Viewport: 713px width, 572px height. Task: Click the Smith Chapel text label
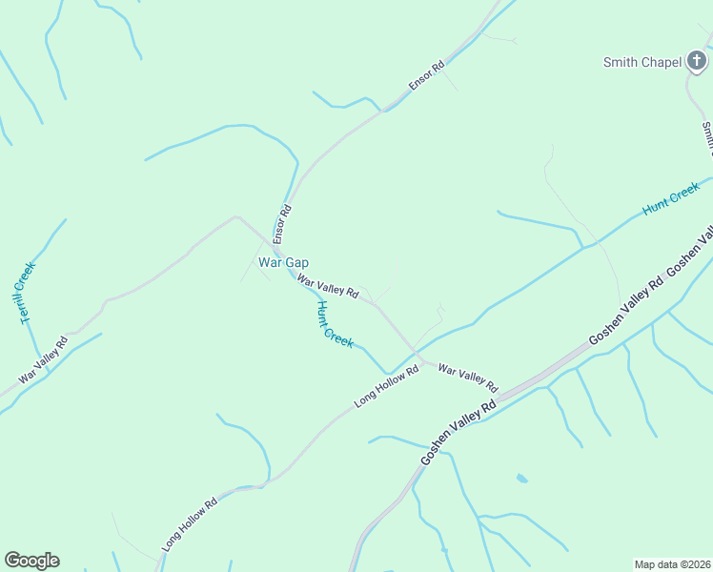tap(642, 63)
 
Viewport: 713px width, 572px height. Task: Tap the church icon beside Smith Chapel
tap(698, 62)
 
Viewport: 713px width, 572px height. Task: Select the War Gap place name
tap(283, 262)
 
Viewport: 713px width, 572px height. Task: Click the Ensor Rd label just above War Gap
tap(284, 222)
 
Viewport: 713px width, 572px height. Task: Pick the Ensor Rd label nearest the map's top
tap(426, 76)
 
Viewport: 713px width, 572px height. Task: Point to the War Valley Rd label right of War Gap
tap(327, 285)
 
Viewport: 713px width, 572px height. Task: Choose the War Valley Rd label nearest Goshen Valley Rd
tap(468, 378)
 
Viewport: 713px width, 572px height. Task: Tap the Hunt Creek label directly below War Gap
tap(334, 324)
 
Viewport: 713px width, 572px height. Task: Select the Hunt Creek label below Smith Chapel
tap(671, 201)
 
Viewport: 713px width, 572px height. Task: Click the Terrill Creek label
tap(27, 292)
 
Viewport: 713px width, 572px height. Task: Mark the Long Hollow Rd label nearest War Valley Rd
tap(386, 387)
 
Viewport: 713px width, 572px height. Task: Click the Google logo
tap(31, 561)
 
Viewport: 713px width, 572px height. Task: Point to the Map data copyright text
tap(672, 564)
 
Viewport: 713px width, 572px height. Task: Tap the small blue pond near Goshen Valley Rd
tap(520, 478)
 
